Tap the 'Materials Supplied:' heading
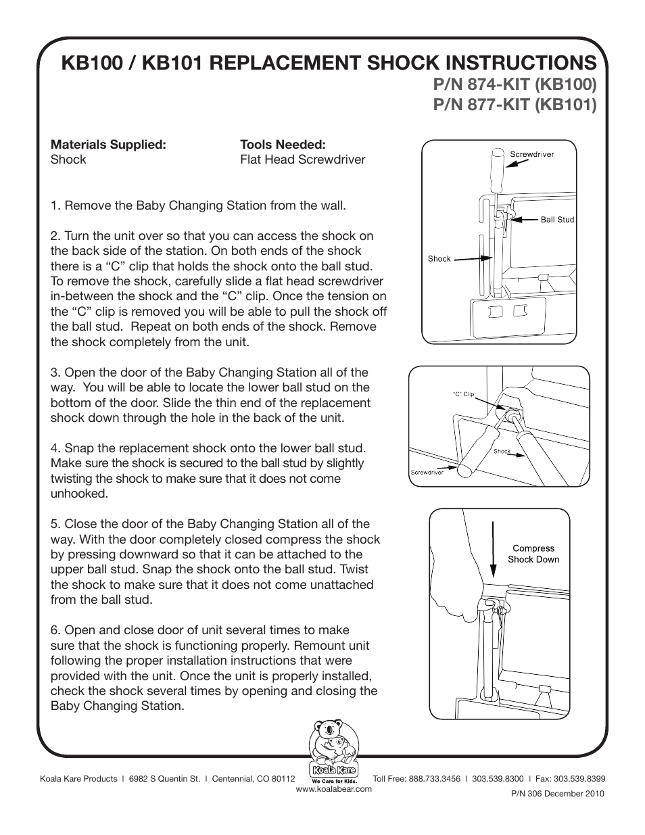108,145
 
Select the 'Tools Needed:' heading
283,145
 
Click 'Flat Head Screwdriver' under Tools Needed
302,160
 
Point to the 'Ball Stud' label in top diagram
556,220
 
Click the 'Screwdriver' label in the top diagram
531,154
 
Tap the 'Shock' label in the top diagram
439,258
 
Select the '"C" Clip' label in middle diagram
463,394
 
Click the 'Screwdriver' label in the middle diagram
427,473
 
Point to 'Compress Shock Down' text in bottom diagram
533,554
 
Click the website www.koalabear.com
334,788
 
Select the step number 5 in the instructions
54,524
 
